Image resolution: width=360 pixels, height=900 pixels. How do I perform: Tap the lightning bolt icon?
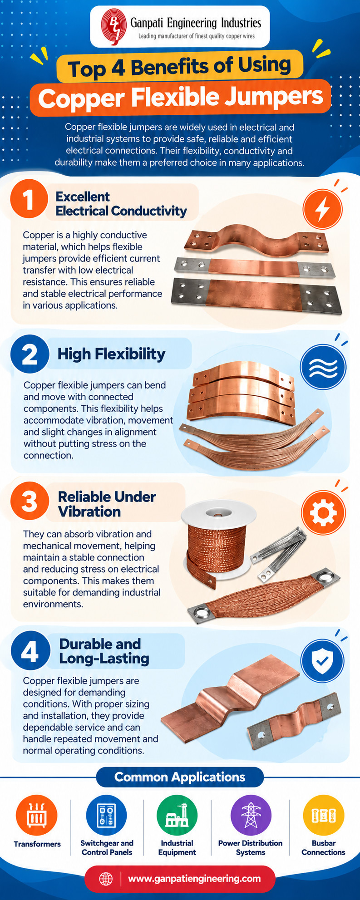coord(323,209)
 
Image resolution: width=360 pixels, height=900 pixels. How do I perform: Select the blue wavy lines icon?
coord(323,366)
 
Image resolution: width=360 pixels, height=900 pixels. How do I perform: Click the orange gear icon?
coord(323,512)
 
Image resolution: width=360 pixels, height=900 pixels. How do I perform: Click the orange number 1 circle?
coord(29,200)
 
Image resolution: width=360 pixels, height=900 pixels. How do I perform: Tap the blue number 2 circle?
coord(30,355)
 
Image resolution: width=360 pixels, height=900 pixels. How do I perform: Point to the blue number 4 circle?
coord(30,652)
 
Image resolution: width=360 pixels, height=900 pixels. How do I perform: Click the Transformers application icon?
coord(37,816)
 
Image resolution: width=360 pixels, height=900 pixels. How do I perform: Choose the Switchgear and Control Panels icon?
coord(106,816)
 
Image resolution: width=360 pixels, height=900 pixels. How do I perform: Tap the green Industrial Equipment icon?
coord(177,816)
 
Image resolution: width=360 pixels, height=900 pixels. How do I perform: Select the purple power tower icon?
coord(251,816)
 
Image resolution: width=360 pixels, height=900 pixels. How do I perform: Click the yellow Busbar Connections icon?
coord(323,816)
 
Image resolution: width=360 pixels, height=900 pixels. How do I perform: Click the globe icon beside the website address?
coord(106,879)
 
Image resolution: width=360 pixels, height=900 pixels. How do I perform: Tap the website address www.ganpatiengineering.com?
coord(194,879)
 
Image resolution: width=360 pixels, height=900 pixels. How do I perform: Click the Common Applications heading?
coord(180,777)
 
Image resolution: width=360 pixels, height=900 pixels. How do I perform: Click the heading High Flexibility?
coord(111,354)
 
